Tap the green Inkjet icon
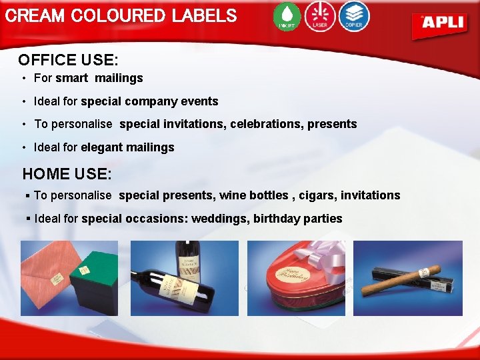287,16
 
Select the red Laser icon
320,16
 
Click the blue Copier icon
353,16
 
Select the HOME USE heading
67,174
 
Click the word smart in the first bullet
71,78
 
